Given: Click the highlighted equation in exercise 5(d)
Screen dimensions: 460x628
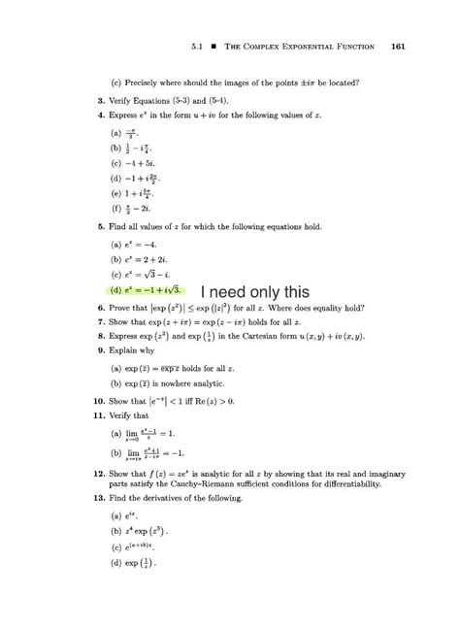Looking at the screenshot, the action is click(x=155, y=289).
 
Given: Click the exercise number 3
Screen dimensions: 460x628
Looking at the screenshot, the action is click(x=101, y=99).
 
